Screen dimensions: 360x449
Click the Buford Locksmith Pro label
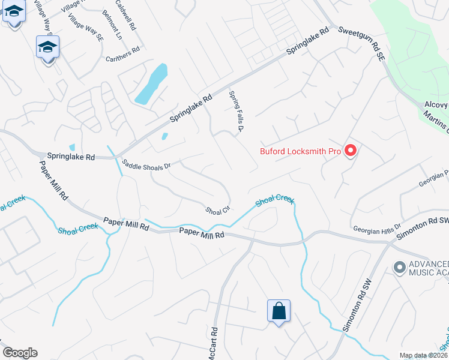(x=300, y=151)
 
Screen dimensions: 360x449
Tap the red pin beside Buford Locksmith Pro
(x=350, y=151)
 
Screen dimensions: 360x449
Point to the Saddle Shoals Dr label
(x=146, y=164)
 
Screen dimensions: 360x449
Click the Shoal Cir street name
(x=218, y=211)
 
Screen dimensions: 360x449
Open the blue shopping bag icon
(x=279, y=311)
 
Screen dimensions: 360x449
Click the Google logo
(x=20, y=353)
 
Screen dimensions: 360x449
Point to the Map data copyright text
(x=424, y=355)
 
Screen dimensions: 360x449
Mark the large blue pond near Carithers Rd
(x=150, y=83)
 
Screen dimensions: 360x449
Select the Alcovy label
(x=436, y=104)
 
